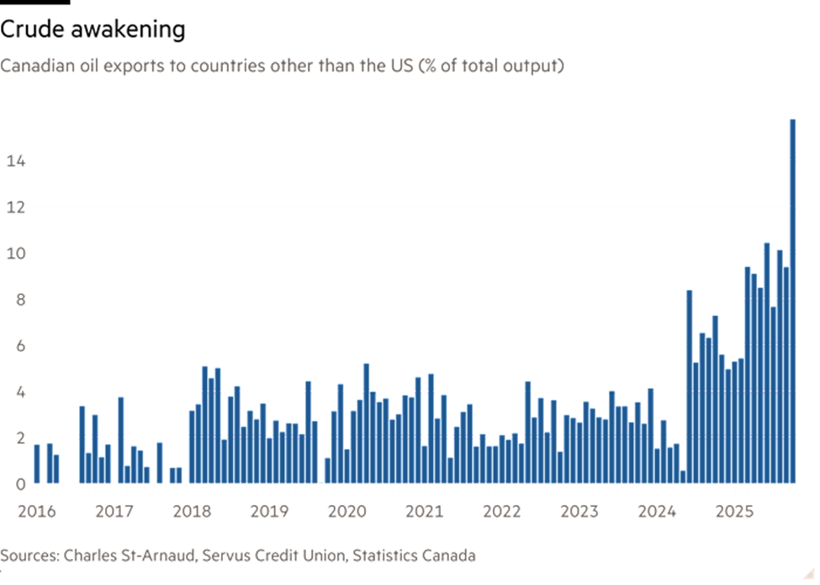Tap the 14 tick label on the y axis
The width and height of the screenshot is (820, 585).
tap(15, 161)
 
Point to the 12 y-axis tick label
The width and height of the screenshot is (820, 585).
tap(15, 207)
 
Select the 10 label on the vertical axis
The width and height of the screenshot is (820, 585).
tap(15, 253)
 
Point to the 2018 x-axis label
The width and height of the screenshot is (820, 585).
tap(193, 510)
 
